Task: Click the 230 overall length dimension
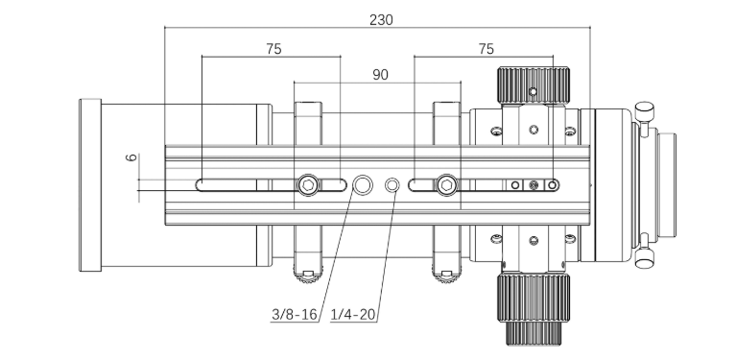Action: [381, 20]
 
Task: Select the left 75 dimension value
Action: [273, 49]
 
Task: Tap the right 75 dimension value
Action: [486, 49]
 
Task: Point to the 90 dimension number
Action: [380, 75]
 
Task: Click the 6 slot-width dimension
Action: [131, 157]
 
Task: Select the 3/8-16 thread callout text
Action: [295, 315]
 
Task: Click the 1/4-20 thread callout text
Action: [353, 315]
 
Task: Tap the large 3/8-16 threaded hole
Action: [363, 185]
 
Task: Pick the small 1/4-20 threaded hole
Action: [392, 185]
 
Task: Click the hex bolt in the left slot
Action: [308, 185]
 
